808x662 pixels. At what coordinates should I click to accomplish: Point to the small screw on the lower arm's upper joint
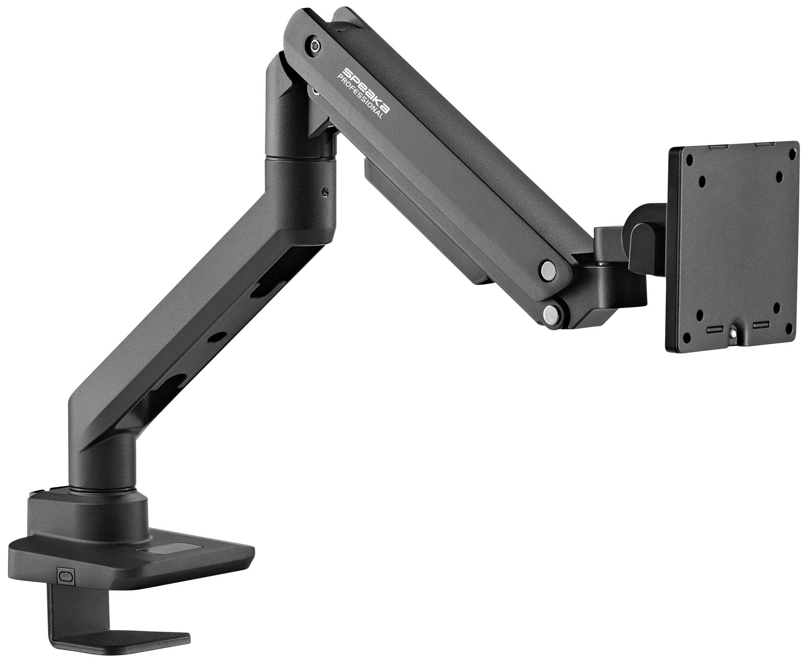[x=325, y=193]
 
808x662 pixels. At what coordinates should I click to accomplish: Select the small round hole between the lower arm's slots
[x=219, y=338]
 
